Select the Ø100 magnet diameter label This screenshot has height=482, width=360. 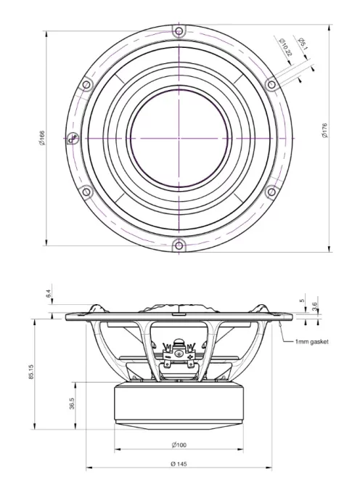coord(181,444)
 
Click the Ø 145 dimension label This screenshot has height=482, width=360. coord(180,463)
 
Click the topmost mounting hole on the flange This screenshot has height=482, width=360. coord(179,30)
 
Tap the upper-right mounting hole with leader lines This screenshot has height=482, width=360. coord(271,83)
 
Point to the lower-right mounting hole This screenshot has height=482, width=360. coord(271,192)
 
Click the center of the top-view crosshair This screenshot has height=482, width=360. coord(179,137)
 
